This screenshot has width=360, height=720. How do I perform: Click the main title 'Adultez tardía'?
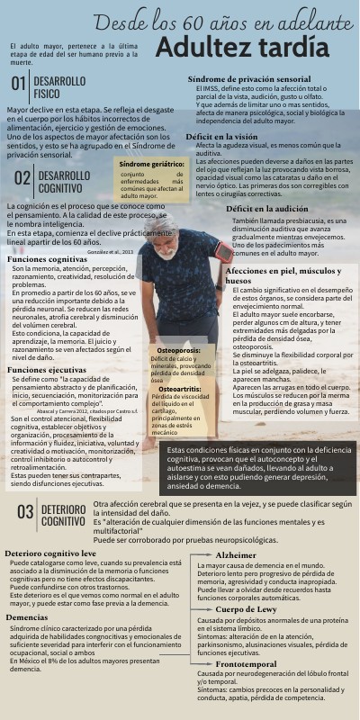pyautogui.click(x=241, y=47)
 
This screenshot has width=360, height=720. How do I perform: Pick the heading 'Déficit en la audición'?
pyautogui.click(x=266, y=208)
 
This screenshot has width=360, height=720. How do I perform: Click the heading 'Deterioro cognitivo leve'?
pyautogui.click(x=50, y=553)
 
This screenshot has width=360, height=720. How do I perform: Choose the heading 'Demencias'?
pyautogui.click(x=27, y=617)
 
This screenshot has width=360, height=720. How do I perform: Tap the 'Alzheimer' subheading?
pyautogui.click(x=236, y=555)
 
